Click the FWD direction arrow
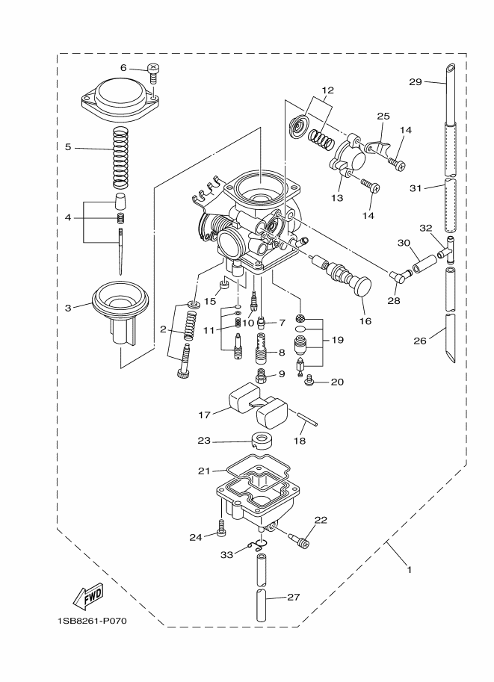[88, 595]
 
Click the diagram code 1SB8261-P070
[92, 621]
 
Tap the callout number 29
[416, 81]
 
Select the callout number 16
[365, 321]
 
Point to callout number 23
[204, 441]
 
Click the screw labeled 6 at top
[152, 73]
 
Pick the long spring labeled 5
[120, 158]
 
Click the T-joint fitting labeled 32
[446, 250]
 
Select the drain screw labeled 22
[298, 538]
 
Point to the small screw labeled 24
[221, 528]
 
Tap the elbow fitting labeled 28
[401, 275]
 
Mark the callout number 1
[409, 569]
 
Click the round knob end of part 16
[362, 286]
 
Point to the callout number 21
[204, 471]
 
